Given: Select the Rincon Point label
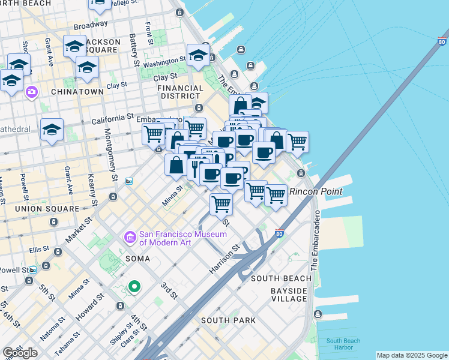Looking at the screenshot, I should coord(316,191).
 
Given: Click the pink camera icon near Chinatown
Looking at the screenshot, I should coord(31,92).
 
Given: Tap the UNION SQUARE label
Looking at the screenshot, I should coord(47,209).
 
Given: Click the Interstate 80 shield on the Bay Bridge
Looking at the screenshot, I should coord(442,42).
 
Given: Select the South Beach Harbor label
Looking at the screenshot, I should coord(343,344).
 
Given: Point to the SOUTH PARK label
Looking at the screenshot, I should coord(228,320).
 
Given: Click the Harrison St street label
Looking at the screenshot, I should coord(224,260).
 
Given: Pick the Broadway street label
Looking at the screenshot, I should coord(90,26).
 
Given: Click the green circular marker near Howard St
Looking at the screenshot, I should coord(134,287).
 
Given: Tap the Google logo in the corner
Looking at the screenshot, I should coord(20,353).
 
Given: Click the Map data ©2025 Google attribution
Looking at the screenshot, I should coord(412,355).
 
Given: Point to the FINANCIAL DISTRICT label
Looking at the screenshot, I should coord(179,92).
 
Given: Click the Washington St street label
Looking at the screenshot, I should coord(164,62).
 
